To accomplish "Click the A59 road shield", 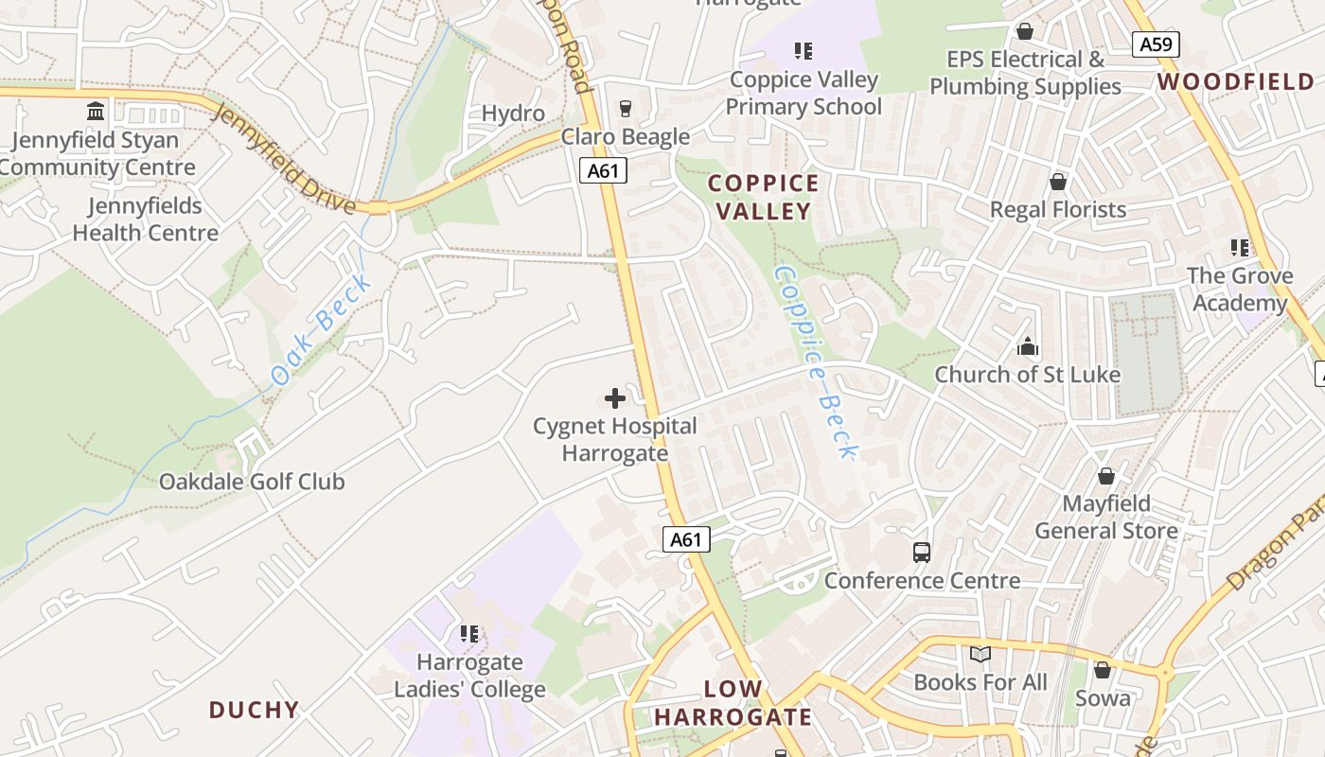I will coord(1156,44).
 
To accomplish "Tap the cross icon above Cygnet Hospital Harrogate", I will coord(615,398).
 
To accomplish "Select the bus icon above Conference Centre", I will coord(921,553).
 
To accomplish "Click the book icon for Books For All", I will coord(980,654).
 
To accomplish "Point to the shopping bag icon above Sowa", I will coord(1102,670).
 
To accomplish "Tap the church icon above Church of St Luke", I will coord(1028,347).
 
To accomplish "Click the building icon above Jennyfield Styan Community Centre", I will coord(96,113).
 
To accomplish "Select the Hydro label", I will coord(513,114).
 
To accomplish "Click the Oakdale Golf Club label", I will coord(252,482).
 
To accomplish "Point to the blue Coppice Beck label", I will coord(815,361).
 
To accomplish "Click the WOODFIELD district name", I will coord(1236,82).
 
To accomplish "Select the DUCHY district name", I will coord(254,710).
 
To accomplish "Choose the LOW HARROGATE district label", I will coord(733,703).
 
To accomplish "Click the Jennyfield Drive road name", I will coord(283,159).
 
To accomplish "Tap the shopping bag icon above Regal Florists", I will coord(1058,182).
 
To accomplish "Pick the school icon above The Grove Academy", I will coord(1240,248).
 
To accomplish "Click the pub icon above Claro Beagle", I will coord(625,109).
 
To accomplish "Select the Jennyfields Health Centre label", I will coord(145,220).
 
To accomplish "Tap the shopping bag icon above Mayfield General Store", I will coord(1105,476).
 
